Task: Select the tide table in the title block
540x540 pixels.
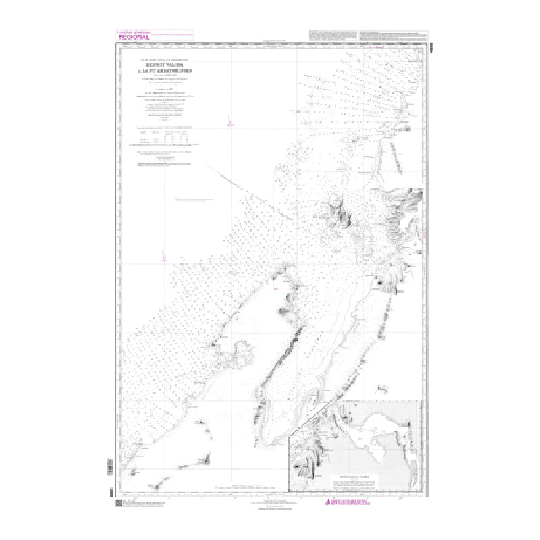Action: coord(166,138)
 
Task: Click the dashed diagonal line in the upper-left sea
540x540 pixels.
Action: coord(231,179)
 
